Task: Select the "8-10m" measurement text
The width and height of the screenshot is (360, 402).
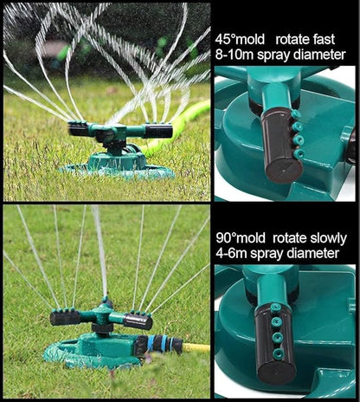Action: [x=235, y=55]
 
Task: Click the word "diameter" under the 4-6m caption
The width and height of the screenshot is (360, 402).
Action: [x=308, y=253]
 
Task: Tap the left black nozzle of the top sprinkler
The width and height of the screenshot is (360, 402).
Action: [x=79, y=130]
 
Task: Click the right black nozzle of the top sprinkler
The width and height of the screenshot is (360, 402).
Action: [x=158, y=132]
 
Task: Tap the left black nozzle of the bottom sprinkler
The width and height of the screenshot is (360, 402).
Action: [x=66, y=318]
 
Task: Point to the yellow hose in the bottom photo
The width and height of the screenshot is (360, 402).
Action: [x=197, y=348]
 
